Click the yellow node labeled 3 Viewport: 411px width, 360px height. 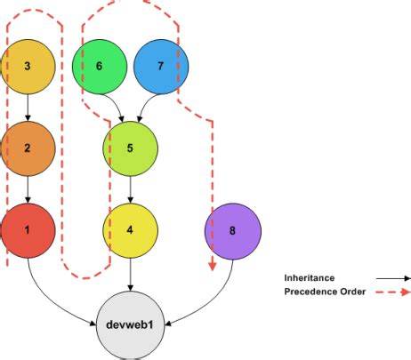[28, 67]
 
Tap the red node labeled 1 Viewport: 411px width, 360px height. [28, 229]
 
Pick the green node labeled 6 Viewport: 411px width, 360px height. [99, 67]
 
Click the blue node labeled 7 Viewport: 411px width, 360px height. [161, 67]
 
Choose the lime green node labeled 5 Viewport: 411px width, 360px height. [131, 148]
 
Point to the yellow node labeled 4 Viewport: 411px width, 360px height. [131, 229]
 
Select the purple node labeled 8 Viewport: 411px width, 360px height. [233, 229]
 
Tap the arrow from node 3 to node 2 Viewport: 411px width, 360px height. [28, 107]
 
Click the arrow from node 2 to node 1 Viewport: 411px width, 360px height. [28, 188]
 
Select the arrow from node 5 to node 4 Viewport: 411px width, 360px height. [131, 188]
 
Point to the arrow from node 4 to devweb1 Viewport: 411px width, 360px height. [131, 274]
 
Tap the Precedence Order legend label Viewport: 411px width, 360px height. [325, 292]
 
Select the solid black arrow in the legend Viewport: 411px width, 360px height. [390, 277]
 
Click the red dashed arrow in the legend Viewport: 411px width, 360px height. [390, 292]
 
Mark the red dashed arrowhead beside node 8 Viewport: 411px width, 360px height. [213, 264]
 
